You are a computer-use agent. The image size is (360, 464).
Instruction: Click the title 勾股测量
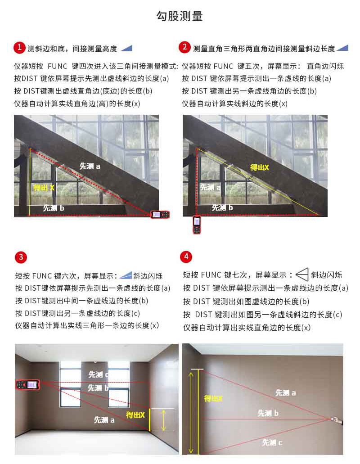179,16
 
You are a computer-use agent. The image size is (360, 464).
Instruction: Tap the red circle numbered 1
19,48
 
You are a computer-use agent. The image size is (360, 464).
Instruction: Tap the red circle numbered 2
184,47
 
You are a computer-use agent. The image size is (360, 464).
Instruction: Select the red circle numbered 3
21,257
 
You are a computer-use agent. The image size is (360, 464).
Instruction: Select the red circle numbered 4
186,256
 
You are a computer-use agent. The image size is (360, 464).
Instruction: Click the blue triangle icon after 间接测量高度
126,48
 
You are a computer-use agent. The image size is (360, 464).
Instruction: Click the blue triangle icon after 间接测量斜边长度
342,48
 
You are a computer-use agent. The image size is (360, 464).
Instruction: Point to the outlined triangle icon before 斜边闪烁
302,275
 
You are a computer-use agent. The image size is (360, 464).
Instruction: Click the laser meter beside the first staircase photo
160,214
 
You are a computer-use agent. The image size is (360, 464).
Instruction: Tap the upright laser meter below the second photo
197,225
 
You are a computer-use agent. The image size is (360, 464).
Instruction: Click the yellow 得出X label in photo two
259,167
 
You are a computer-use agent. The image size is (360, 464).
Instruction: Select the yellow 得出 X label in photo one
44,188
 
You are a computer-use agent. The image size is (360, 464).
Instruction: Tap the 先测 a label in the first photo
90,167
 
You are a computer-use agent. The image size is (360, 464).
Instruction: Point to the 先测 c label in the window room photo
99,374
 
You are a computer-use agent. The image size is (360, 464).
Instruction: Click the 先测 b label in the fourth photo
268,413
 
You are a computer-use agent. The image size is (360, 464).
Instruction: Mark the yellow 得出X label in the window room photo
135,415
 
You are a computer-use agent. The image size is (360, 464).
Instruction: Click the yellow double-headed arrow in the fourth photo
191,413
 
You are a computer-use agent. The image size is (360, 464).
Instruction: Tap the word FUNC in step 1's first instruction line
58,66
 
